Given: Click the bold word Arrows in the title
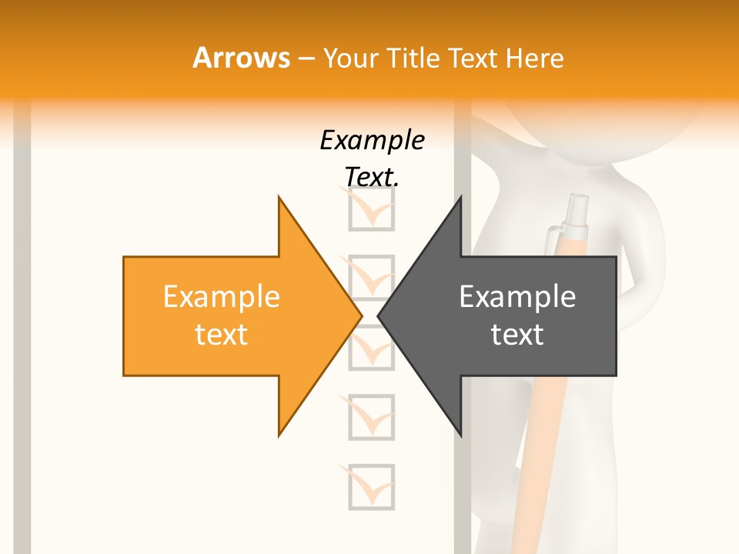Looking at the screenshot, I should click(241, 58).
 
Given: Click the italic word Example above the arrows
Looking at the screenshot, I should click(372, 140).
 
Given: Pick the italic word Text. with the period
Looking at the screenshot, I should click(372, 177).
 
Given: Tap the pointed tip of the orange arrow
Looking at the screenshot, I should click(360, 315).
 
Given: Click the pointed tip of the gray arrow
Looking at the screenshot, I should click(380, 315).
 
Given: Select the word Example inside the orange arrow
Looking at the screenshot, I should click(222, 297).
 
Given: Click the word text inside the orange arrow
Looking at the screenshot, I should click(222, 335).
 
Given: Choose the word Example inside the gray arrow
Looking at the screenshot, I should click(517, 297).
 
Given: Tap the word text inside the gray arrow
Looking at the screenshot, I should click(517, 335).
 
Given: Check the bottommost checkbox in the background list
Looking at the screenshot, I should click(371, 486).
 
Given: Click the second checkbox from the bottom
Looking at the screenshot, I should click(371, 417).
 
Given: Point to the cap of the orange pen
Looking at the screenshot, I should click(576, 212).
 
